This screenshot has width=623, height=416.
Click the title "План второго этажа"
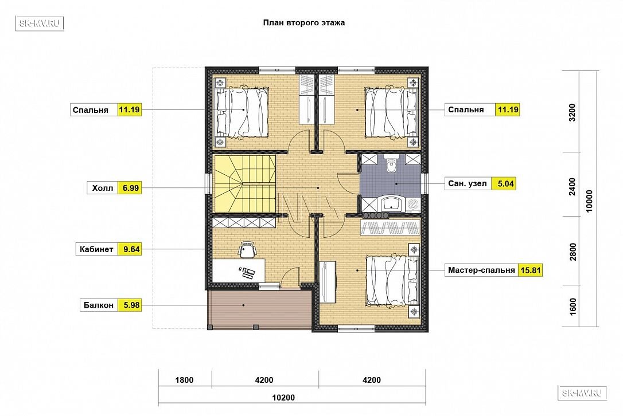304,22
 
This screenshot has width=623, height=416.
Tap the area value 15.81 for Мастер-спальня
531,270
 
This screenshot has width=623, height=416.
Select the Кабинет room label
96,249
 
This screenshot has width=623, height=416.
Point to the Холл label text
103,188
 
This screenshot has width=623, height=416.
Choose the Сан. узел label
467,184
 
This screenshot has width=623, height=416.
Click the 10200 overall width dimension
284,397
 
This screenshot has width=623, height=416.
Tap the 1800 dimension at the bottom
184,380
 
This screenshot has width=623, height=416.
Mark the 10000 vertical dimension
589,201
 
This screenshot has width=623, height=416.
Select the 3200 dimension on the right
572,112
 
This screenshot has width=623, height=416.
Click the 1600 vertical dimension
573,307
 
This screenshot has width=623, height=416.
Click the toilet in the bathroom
391,164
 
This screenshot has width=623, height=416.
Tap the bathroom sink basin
392,203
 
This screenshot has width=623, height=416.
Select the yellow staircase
244,184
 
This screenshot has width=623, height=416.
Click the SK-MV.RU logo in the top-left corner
40,24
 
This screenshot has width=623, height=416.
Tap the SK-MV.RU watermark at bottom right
582,393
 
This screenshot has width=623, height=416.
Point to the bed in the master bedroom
392,280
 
